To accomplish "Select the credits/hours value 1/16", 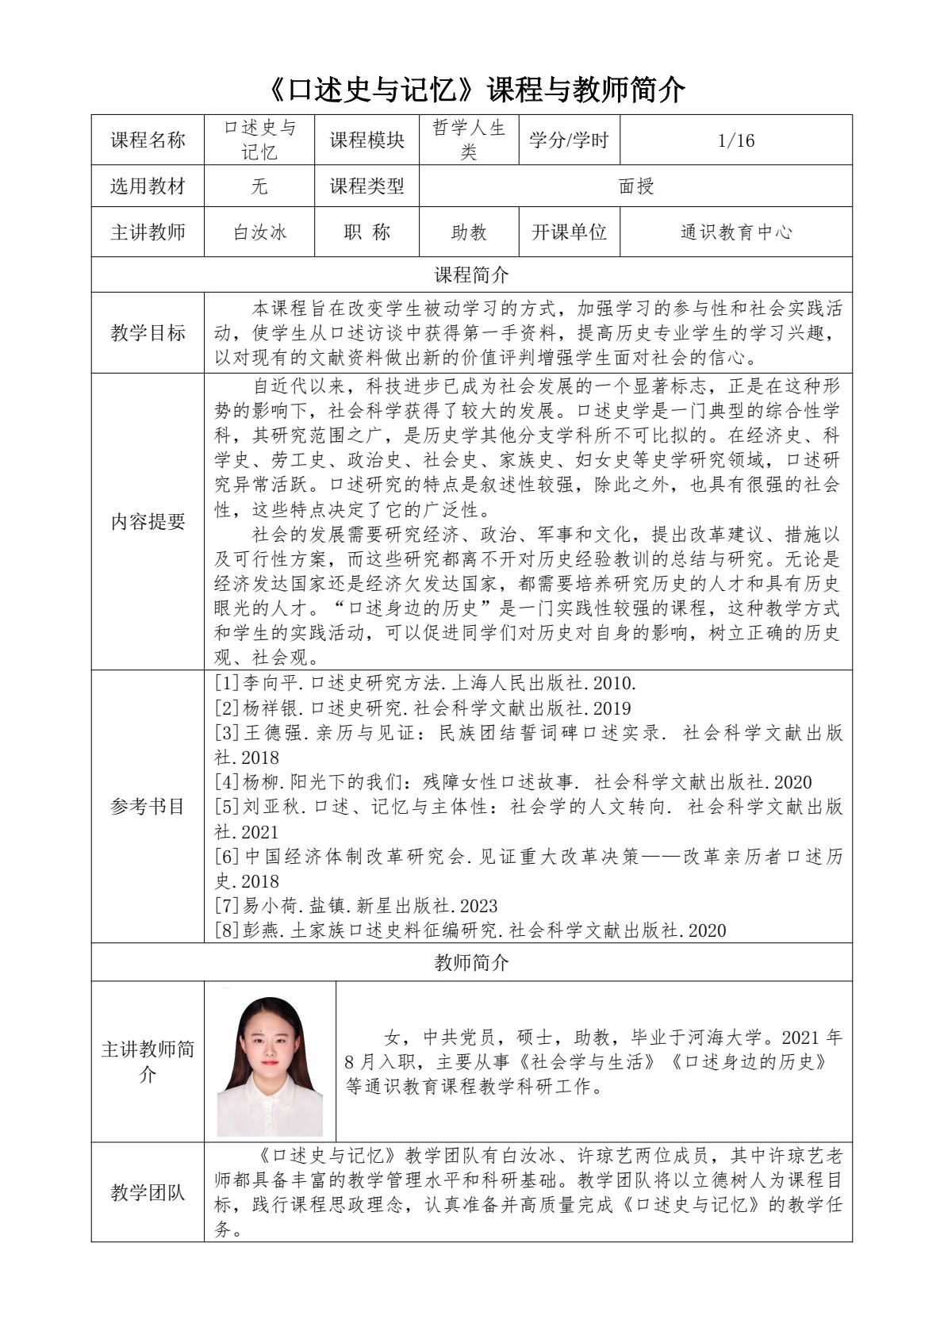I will click(735, 141).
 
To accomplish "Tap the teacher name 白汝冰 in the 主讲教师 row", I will click(259, 232).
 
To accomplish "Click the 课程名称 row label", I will click(148, 141).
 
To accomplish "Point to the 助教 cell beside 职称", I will click(469, 232).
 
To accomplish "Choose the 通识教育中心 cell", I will click(735, 232).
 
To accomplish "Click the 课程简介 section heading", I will click(471, 275).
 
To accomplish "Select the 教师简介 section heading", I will click(471, 963).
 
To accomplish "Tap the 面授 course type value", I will click(635, 186).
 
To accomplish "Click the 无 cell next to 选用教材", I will click(259, 186).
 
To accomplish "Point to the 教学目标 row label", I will click(148, 333).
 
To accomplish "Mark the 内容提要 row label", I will click(148, 522).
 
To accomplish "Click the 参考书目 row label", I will click(148, 807).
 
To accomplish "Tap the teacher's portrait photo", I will click(270, 1063).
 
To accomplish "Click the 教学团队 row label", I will click(148, 1192).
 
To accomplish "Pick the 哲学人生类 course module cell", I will click(469, 141).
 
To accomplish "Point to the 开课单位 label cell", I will click(569, 232).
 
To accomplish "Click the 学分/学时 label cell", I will click(569, 141).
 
